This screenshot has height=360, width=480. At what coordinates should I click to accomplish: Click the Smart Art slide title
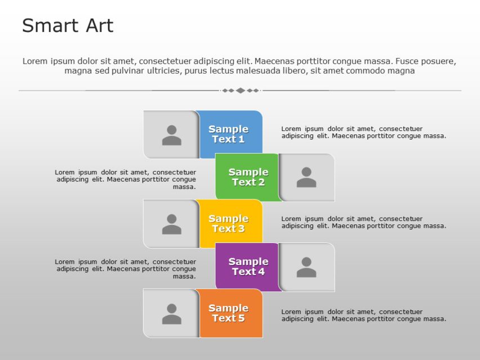click(68, 26)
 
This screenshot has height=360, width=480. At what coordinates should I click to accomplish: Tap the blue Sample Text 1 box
click(230, 134)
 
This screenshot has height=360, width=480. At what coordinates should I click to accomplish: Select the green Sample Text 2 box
click(248, 177)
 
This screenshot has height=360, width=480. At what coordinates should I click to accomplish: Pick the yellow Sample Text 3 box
click(230, 223)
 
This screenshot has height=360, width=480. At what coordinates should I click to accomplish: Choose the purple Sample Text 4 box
click(248, 267)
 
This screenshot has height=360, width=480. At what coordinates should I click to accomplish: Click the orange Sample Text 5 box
click(230, 313)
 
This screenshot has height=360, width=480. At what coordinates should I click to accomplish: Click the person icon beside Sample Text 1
click(172, 135)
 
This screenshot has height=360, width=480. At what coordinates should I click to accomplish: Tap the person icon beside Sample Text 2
click(306, 177)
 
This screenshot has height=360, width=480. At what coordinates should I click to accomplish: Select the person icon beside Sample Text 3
click(172, 224)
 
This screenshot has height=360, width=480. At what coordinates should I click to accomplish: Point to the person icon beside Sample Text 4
click(306, 267)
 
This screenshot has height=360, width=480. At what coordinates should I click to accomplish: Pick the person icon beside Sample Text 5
click(172, 314)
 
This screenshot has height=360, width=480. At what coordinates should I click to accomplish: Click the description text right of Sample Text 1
click(364, 132)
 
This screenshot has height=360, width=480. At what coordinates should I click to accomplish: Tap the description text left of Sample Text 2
click(126, 179)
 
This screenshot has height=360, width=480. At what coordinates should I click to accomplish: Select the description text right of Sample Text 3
click(364, 222)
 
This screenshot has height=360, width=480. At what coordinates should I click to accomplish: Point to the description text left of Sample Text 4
click(126, 269)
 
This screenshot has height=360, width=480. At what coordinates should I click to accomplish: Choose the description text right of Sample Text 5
click(364, 315)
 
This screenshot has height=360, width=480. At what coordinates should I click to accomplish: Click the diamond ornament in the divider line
click(240, 91)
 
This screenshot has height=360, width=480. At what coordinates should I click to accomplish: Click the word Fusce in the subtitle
click(406, 61)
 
